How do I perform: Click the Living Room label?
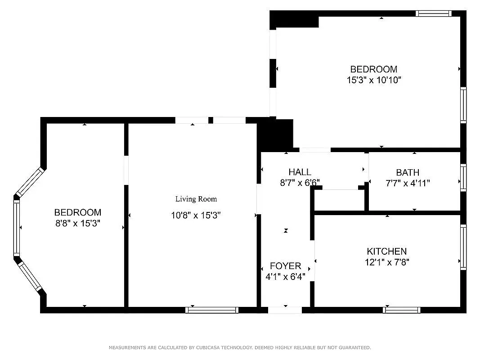click(196, 199)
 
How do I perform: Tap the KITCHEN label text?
click(386, 252)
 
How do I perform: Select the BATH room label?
click(408, 172)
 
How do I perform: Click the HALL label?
click(300, 172)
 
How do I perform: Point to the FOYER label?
click(285, 266)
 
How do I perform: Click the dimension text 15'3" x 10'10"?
click(373, 80)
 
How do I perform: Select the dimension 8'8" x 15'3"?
click(78, 223)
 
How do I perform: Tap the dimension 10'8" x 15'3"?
click(196, 215)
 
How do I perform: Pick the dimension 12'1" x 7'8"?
click(387, 262)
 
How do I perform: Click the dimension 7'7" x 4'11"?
click(408, 183)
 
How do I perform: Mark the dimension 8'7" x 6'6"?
click(300, 183)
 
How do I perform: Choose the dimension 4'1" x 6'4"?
click(285, 277)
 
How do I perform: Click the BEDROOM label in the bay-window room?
click(78, 212)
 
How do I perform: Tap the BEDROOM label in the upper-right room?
click(373, 69)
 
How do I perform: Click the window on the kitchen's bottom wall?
click(401, 310)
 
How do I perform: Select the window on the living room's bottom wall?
click(211, 310)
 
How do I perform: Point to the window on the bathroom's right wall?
click(463, 178)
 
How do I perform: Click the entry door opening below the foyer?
click(285, 310)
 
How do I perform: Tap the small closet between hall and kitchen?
click(339, 200)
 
